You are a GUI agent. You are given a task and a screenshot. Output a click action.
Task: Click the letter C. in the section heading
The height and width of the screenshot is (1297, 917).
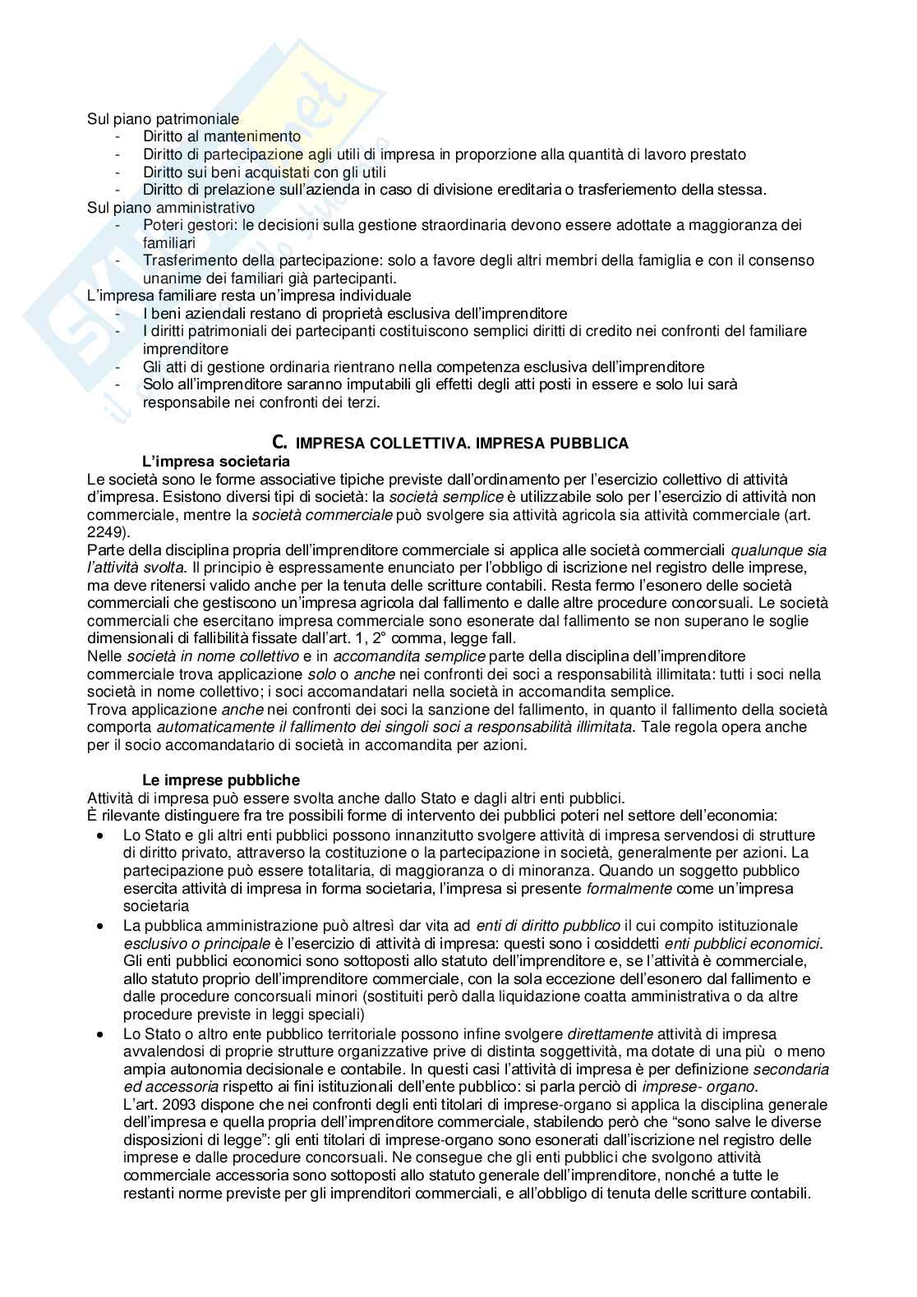tap(280, 443)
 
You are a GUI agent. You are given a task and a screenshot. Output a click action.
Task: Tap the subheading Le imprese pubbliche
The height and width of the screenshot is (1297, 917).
tap(221, 780)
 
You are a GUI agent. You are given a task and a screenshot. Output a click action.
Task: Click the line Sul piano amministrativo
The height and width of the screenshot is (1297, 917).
tap(171, 208)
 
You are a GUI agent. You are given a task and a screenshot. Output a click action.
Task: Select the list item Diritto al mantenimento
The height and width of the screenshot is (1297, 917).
tap(222, 136)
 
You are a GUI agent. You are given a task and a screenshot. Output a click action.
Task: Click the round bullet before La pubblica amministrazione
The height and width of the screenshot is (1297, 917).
tap(100, 925)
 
